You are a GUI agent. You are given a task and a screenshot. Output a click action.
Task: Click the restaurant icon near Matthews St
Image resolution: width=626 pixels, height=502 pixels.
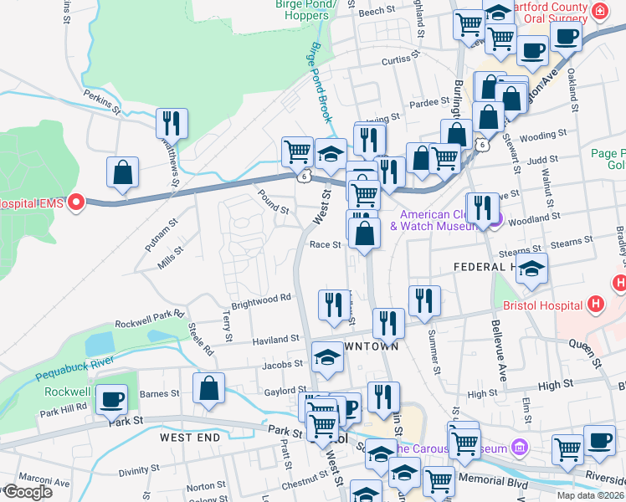pyautogui.click(x=172, y=124)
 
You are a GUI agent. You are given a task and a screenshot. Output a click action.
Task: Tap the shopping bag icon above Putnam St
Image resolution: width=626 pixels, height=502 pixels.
pyautogui.click(x=123, y=172)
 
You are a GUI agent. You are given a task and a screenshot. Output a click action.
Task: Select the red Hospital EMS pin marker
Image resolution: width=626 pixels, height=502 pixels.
pyautogui.click(x=76, y=202)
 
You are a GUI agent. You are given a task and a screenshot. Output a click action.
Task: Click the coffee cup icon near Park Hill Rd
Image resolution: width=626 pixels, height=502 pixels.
pyautogui.click(x=112, y=399)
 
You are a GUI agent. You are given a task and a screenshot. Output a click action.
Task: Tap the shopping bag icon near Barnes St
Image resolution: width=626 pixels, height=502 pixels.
pyautogui.click(x=208, y=389)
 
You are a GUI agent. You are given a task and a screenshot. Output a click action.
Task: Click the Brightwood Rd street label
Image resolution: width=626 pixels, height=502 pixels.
pyautogui.click(x=261, y=297)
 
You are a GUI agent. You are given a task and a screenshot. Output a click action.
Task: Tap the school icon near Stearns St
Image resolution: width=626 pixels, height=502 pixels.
pyautogui.click(x=531, y=268)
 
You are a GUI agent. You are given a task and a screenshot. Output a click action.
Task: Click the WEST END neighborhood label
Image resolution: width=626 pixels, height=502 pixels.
pyautogui.click(x=192, y=438)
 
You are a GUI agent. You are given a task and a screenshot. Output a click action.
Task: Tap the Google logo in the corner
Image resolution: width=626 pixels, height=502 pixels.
pyautogui.click(x=27, y=491)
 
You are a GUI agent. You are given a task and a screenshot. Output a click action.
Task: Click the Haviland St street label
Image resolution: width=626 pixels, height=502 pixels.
pyautogui.click(x=276, y=339)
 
